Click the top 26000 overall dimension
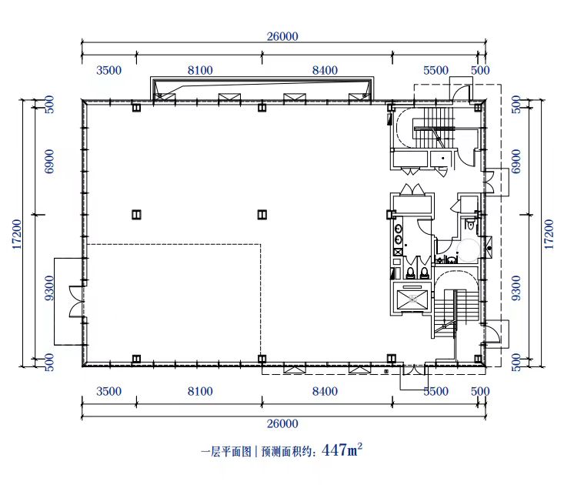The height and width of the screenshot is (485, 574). (282, 36)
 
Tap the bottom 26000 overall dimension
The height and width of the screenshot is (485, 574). (282, 423)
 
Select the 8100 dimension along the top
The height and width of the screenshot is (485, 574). (200, 70)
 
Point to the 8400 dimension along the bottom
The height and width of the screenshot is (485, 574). (325, 391)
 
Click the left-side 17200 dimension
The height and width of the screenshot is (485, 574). (17, 235)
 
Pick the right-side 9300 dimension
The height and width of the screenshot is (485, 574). (516, 288)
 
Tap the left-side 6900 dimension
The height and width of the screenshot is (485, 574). (48, 162)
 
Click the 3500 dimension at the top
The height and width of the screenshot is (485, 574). (108, 70)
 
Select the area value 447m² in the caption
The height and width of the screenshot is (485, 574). (342, 450)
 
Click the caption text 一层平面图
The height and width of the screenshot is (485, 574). (226, 452)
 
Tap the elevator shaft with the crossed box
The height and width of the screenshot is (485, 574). (413, 299)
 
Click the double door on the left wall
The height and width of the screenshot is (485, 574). (77, 302)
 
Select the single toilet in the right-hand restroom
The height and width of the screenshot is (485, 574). (470, 224)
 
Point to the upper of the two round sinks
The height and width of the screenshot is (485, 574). (398, 229)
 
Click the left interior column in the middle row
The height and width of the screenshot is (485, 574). (136, 214)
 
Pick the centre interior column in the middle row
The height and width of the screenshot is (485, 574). (262, 214)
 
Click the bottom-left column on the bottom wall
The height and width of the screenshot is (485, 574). (136, 359)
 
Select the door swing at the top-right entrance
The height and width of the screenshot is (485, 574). (461, 92)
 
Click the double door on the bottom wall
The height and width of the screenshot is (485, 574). (414, 370)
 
